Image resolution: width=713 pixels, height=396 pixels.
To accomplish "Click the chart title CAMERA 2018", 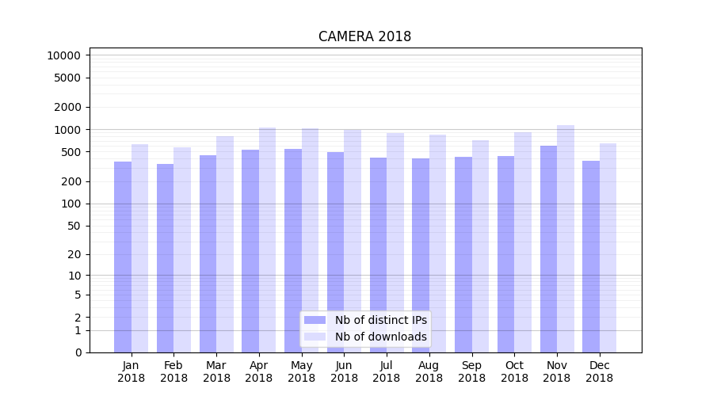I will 364,36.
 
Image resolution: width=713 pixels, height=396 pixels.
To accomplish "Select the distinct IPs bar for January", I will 123,257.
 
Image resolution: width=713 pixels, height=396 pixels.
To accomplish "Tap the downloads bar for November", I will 566,238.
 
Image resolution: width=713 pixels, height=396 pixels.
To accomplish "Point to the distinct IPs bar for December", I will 591,257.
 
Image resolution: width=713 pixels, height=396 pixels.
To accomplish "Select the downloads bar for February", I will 182,249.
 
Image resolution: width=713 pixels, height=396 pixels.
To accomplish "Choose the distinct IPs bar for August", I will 421,255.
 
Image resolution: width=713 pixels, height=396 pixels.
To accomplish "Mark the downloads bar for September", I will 481,246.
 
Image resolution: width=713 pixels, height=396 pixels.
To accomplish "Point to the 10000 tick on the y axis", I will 63,55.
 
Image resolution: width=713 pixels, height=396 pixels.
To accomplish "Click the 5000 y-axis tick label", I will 67,78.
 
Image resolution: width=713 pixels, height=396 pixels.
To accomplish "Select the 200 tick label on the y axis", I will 70,181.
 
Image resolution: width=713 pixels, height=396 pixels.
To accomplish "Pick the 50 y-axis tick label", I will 73,226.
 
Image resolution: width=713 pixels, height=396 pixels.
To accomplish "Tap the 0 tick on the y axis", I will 78,352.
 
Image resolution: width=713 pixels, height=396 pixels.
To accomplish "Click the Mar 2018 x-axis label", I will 216,371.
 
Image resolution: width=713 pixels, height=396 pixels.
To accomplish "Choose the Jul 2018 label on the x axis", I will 387,371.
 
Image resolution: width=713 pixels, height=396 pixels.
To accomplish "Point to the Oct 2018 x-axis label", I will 514,371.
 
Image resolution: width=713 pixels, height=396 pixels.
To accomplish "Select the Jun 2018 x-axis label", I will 344,371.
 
